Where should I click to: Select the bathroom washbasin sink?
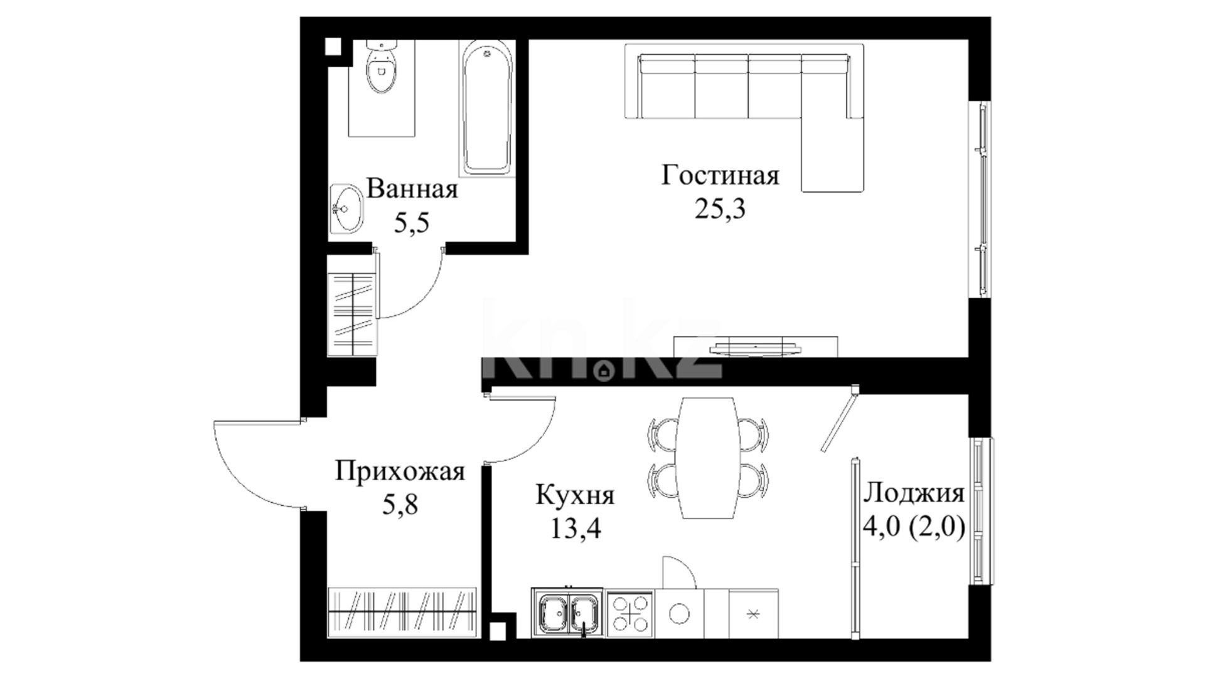pyautogui.click(x=346, y=209)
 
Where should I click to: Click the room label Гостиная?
pyautogui.click(x=720, y=175)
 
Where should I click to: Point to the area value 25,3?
pyautogui.click(x=720, y=208)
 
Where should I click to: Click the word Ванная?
pyautogui.click(x=412, y=188)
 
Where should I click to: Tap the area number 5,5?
pyautogui.click(x=412, y=222)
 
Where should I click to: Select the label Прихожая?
pyautogui.click(x=400, y=471)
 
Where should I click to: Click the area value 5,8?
pyautogui.click(x=400, y=503)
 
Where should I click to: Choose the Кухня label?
pyautogui.click(x=575, y=495)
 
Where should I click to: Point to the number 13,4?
pyautogui.click(x=576, y=529)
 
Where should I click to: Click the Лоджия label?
pyautogui.click(x=914, y=494)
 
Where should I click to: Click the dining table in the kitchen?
pyautogui.click(x=707, y=458)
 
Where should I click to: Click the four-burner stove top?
pyautogui.click(x=630, y=613)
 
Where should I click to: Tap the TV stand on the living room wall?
pyautogui.click(x=756, y=347)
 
